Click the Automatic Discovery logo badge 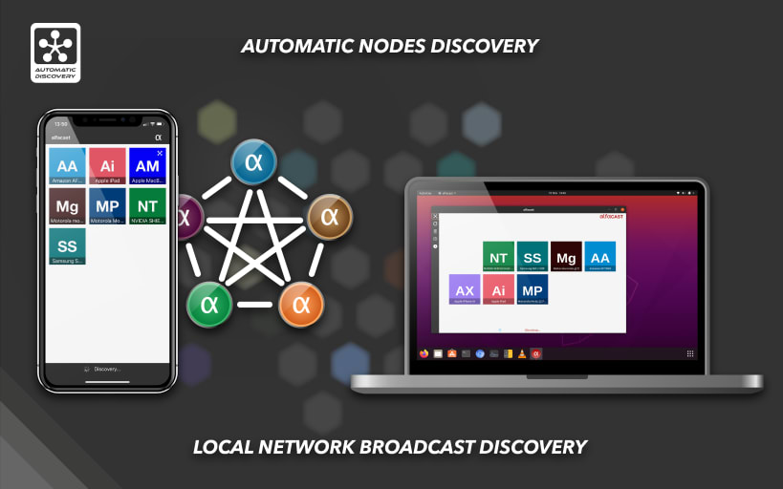click(x=55, y=53)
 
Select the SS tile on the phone click(x=67, y=245)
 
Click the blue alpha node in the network click(x=253, y=162)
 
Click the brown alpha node click(x=330, y=217)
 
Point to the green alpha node click(x=209, y=305)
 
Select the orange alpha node click(x=301, y=305)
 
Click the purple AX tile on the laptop click(x=465, y=289)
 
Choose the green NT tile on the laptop click(x=499, y=257)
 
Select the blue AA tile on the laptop click(x=599, y=257)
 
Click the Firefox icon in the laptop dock click(x=424, y=353)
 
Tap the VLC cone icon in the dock click(x=522, y=353)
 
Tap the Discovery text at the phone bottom click(x=107, y=369)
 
